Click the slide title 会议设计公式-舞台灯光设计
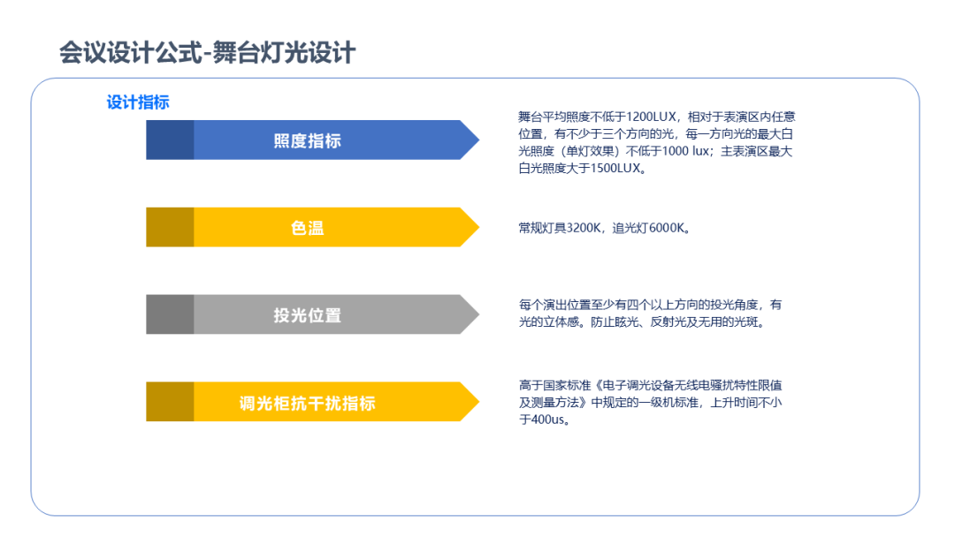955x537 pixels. [x=207, y=53]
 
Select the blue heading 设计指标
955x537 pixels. [x=138, y=102]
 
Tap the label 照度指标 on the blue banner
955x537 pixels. [x=307, y=140]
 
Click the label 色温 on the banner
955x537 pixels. [x=307, y=228]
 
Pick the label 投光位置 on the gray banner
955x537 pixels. [x=307, y=315]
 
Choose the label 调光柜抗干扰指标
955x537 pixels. [x=307, y=403]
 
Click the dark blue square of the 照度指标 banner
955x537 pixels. [x=170, y=140]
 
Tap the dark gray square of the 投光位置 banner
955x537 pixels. [x=170, y=314]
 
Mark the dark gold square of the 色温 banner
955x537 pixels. [x=170, y=227]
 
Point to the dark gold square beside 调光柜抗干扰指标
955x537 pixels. [x=170, y=401]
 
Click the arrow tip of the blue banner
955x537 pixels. [x=479, y=140]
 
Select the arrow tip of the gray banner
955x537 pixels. [x=479, y=314]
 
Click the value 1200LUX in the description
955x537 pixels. [x=651, y=117]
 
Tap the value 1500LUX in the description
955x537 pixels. [x=615, y=168]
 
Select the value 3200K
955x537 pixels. [x=584, y=228]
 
